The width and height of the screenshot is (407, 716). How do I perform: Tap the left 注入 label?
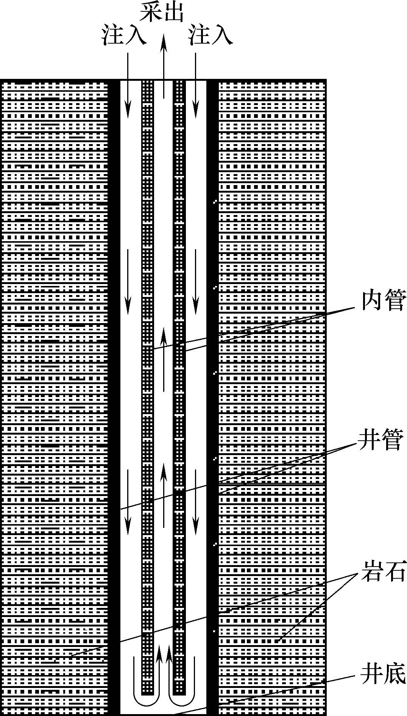coord(123,36)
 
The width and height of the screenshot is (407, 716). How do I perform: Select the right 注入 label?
coord(211,36)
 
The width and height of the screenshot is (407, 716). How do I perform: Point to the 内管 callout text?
coord(384,301)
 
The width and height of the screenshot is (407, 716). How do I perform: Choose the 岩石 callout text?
coord(384,571)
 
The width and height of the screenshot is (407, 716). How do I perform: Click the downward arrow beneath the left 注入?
coord(128,86)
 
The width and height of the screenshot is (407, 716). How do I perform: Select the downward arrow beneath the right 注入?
coord(195,86)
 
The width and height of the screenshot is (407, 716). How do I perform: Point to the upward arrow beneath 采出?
coord(164,66)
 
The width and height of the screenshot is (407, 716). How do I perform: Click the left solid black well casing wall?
coord(114,397)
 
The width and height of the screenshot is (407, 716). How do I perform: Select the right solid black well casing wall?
coord(212,397)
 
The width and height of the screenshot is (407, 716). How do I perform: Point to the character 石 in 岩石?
coord(395,571)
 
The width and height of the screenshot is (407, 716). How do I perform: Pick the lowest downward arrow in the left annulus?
coord(128,502)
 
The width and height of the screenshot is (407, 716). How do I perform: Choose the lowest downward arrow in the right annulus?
coord(195,502)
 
